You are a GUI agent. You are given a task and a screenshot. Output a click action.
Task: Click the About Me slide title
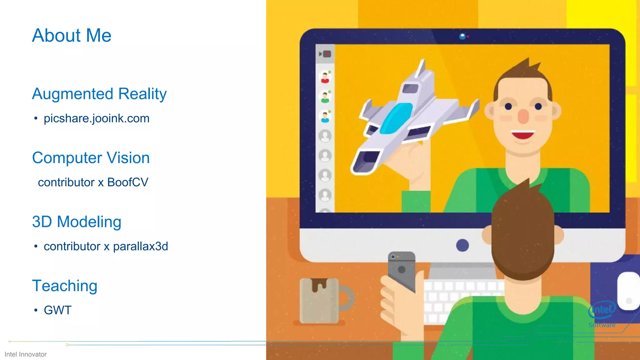[x=72, y=35]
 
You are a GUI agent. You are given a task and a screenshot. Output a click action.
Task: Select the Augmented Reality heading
[x=99, y=94]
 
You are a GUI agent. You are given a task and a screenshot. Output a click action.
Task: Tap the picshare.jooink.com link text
[x=97, y=118]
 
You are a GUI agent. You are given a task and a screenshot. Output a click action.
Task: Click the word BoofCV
[x=127, y=182]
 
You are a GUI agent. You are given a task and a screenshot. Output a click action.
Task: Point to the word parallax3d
[x=140, y=247]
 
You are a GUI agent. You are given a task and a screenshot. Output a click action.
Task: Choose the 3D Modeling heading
[x=77, y=222]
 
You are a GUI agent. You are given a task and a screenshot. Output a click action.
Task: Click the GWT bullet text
[x=58, y=310]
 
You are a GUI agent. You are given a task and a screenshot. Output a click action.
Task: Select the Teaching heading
[x=65, y=286]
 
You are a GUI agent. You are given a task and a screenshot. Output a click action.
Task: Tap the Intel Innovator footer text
[x=26, y=354]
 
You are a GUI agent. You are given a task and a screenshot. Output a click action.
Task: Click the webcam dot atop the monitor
[x=462, y=36]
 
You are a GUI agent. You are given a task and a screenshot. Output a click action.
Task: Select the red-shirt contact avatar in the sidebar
[x=325, y=77]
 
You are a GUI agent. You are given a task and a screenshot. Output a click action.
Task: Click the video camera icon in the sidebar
[x=325, y=54]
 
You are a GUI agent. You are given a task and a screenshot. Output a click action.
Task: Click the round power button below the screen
[x=462, y=245]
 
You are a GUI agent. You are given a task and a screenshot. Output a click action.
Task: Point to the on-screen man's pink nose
[x=523, y=116]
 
